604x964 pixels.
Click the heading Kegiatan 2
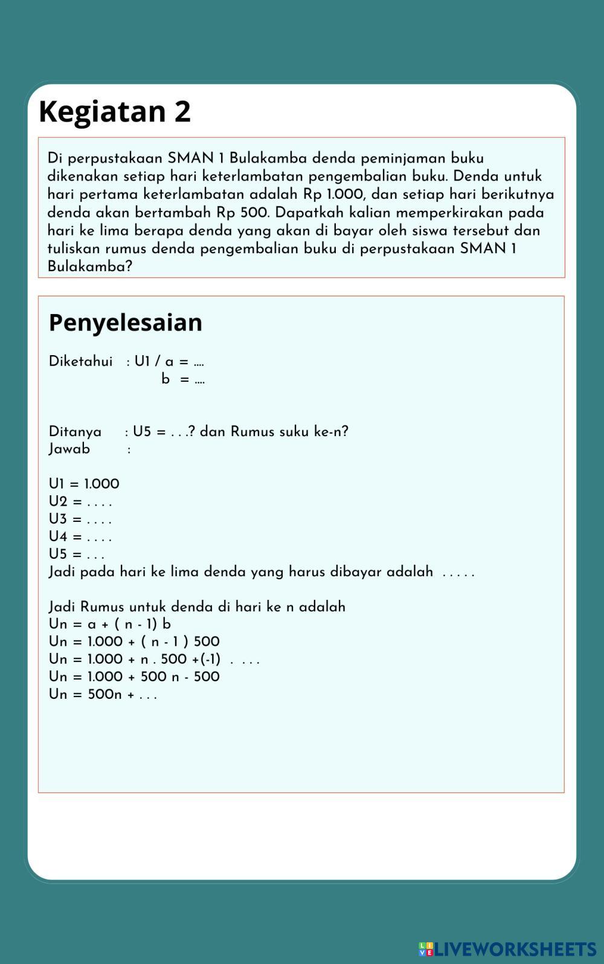(x=115, y=112)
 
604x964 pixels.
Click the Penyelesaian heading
(x=125, y=323)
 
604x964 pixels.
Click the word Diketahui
(x=80, y=362)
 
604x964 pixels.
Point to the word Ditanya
(x=75, y=432)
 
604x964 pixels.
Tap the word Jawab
(x=69, y=449)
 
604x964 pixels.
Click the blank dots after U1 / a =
(x=199, y=363)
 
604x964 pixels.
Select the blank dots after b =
(x=199, y=381)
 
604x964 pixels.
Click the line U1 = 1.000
(x=84, y=484)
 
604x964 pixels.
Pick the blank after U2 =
(x=99, y=503)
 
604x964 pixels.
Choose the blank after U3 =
(x=99, y=520)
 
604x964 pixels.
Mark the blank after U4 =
(x=99, y=538)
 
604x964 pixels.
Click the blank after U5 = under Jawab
(x=95, y=555)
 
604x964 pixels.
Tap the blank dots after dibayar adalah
(x=458, y=573)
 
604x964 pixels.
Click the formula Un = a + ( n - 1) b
(x=109, y=625)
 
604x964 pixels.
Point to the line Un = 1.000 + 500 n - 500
(x=134, y=677)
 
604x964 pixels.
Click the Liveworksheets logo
(x=507, y=949)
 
